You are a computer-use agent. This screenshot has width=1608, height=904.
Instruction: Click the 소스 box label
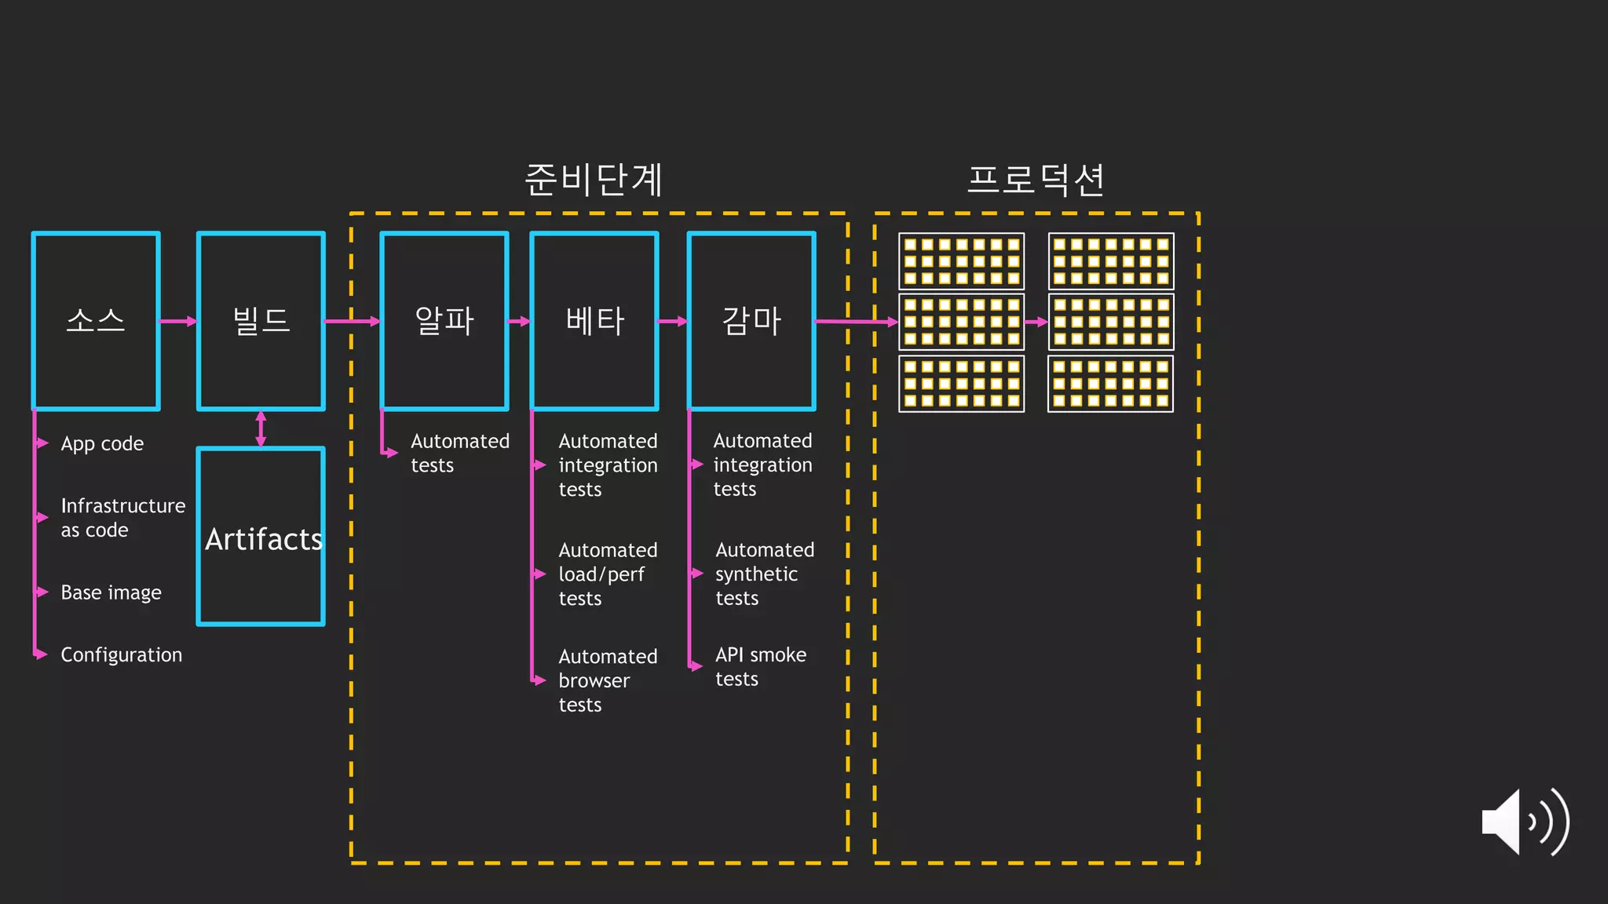(96, 321)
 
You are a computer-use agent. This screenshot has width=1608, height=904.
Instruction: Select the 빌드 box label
(261, 321)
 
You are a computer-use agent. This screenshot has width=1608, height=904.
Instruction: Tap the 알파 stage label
(444, 321)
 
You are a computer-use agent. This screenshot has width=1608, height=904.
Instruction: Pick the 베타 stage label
(594, 321)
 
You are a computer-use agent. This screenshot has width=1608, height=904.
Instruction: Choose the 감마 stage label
(751, 321)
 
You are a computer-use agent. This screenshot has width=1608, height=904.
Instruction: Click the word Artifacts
(263, 540)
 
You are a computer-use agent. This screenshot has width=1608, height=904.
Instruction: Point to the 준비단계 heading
(594, 180)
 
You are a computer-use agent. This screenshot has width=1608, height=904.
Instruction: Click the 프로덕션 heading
(1036, 180)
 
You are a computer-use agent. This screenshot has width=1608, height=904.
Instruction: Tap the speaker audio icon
(1524, 822)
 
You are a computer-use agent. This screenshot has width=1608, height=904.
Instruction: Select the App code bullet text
(102, 444)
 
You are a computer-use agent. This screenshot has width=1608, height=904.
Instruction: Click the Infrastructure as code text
(122, 518)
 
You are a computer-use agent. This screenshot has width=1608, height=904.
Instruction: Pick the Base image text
(111, 592)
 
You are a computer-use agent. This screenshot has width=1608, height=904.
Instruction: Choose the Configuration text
(121, 654)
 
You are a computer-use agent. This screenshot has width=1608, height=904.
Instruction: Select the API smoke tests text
(760, 666)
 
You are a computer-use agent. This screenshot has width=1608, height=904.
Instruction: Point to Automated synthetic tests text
(764, 574)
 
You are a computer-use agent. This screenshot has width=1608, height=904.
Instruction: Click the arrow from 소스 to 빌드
(178, 321)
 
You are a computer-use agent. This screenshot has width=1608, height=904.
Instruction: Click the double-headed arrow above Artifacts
(261, 428)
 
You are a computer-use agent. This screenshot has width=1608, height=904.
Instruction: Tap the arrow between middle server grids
(1036, 322)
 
